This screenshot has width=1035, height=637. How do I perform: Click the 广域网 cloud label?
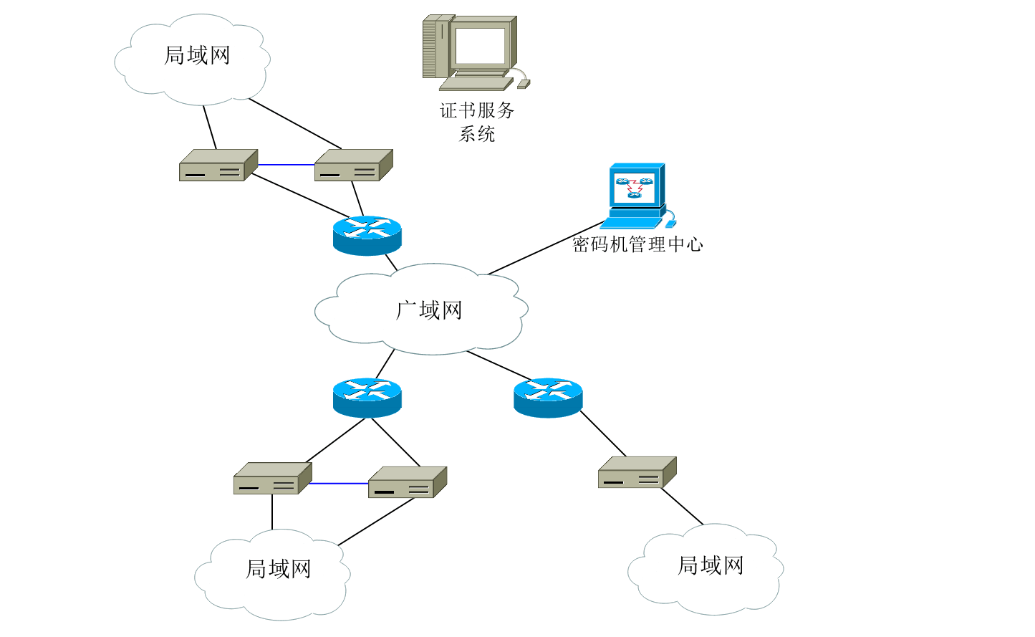[x=429, y=310]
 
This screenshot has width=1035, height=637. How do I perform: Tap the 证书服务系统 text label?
[x=477, y=122]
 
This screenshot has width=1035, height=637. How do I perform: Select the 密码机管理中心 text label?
[x=637, y=244]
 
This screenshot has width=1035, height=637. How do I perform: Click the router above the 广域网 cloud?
[x=367, y=235]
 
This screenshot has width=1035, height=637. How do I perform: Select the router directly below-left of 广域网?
[x=367, y=398]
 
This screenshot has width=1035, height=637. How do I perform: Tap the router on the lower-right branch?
[x=548, y=398]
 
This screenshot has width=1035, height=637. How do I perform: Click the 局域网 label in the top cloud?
[x=197, y=55]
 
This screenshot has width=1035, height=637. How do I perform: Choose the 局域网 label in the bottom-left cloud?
[x=279, y=569]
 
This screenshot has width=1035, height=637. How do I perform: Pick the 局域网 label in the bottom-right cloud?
[x=711, y=565]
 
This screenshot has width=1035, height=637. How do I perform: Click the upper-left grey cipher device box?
[x=218, y=166]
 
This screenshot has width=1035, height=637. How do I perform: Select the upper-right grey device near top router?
[x=353, y=166]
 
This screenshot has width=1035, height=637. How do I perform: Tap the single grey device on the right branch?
[x=637, y=473]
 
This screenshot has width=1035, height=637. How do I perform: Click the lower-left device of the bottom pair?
[x=272, y=479]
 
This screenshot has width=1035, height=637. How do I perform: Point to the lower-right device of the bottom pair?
[x=407, y=482]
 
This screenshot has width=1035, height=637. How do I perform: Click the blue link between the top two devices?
[x=286, y=165]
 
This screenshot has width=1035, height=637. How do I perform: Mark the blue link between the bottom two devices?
[x=339, y=484]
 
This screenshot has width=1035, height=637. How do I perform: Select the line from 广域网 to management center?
[x=544, y=249]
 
